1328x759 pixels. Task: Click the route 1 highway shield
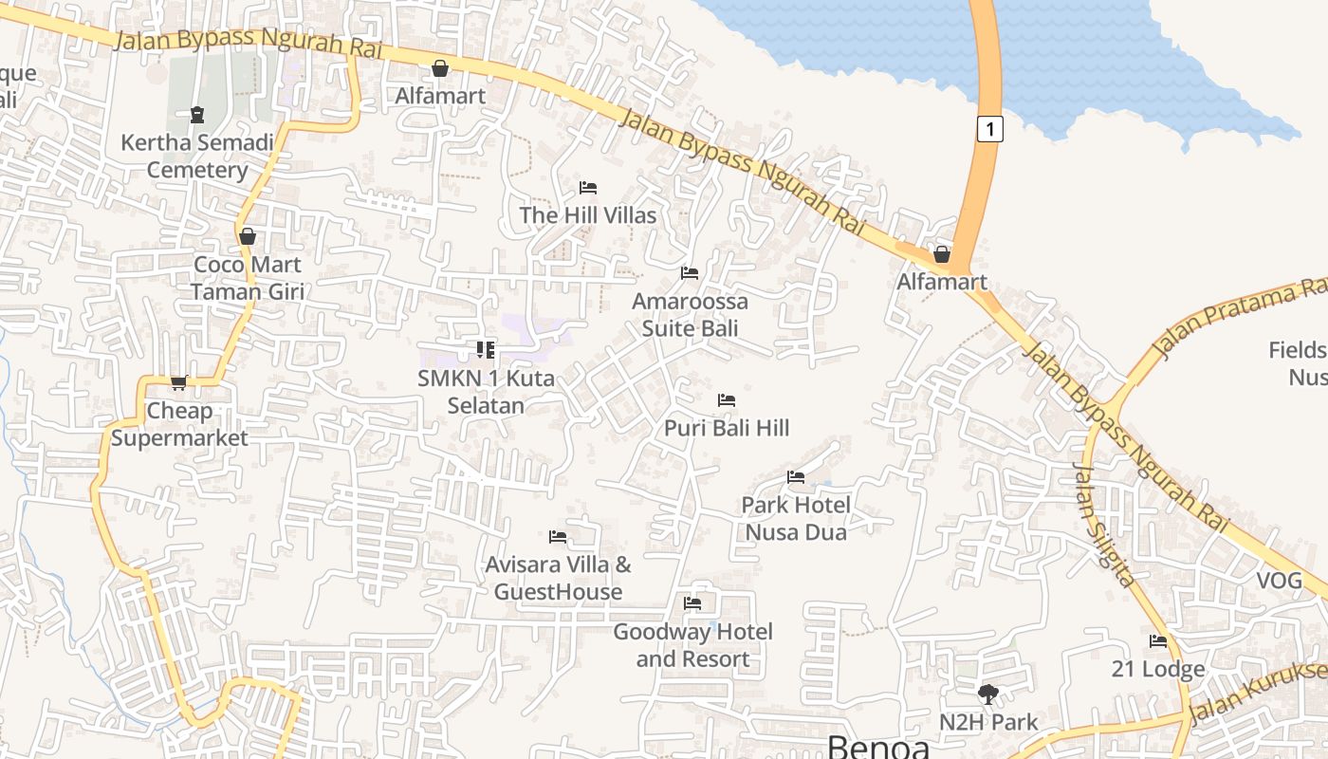click(989, 128)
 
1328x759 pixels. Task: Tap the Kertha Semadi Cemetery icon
click(197, 115)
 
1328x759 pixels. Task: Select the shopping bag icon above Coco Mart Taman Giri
click(248, 236)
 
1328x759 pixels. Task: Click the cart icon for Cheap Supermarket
click(178, 383)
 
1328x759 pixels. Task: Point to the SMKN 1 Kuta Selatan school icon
click(486, 350)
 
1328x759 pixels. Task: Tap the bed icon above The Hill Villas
click(588, 188)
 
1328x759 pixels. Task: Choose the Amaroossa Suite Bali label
click(690, 315)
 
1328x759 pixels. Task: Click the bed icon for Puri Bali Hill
click(727, 400)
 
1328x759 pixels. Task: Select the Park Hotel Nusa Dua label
click(796, 518)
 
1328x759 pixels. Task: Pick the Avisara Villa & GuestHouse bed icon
click(558, 537)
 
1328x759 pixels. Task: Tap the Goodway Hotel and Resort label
click(692, 645)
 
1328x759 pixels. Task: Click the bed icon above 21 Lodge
click(1158, 641)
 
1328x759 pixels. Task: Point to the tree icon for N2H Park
click(988, 694)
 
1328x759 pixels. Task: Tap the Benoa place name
click(878, 747)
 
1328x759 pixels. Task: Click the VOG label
click(1280, 581)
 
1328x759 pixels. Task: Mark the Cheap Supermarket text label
click(179, 424)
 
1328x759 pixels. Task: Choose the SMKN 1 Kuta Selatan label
click(486, 392)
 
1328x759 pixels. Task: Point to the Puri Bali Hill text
click(727, 428)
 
